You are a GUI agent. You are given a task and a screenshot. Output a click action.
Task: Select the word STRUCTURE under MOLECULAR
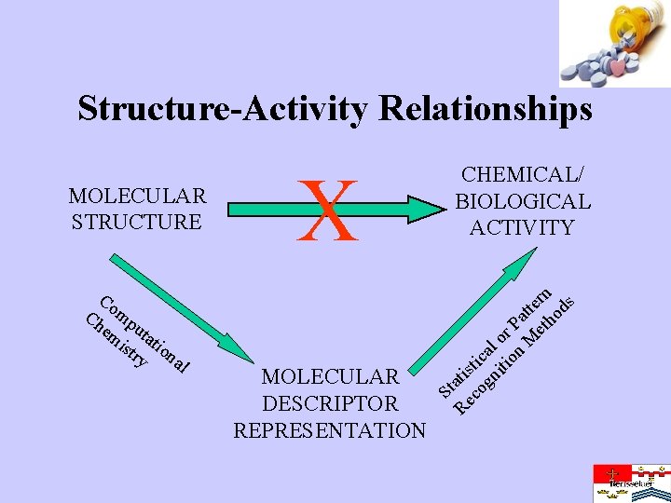(134, 222)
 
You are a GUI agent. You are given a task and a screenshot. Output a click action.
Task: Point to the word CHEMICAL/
(521, 174)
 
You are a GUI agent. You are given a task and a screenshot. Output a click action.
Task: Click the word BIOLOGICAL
(521, 200)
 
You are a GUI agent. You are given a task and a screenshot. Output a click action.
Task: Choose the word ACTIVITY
(521, 227)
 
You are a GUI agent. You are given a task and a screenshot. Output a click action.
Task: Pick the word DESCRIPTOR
(330, 403)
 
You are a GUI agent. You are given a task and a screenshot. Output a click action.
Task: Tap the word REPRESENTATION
(330, 430)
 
